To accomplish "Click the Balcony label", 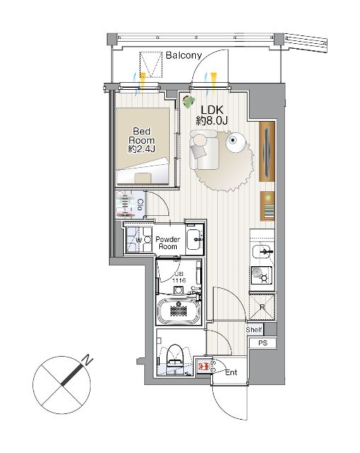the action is pyautogui.click(x=184, y=55).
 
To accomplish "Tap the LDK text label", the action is pyautogui.click(x=212, y=110).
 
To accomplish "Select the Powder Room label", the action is pyautogui.click(x=168, y=243).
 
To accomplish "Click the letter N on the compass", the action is pyautogui.click(x=87, y=360).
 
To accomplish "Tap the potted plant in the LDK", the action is pyautogui.click(x=189, y=102).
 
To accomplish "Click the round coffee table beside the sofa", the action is pyautogui.click(x=236, y=142).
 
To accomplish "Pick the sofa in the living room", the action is pyautogui.click(x=204, y=149).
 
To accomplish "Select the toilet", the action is pyautogui.click(x=175, y=357).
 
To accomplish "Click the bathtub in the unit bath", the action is pyautogui.click(x=179, y=310).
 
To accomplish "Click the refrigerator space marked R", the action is pyautogui.click(x=262, y=306).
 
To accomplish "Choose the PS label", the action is pyautogui.click(x=262, y=343).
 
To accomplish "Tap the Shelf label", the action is pyautogui.click(x=254, y=330).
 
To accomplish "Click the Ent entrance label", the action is pyautogui.click(x=231, y=372).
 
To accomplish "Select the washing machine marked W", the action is pyautogui.click(x=139, y=240).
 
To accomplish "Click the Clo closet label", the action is pyautogui.click(x=140, y=205).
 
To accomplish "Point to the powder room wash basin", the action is pyautogui.click(x=194, y=239).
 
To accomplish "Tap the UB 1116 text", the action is pyautogui.click(x=179, y=277).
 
